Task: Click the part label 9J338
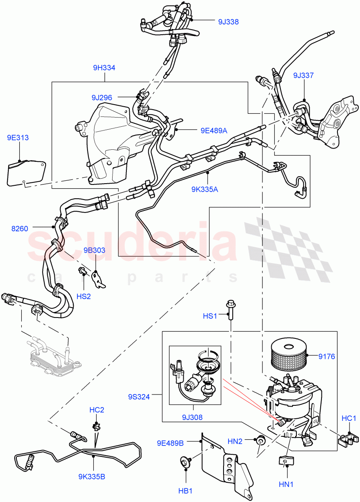(228, 22)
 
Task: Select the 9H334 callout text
(104, 68)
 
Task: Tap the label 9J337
(303, 76)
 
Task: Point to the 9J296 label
(102, 97)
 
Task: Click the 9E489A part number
(213, 131)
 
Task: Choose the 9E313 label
(18, 137)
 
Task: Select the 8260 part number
(20, 228)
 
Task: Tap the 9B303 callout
(94, 251)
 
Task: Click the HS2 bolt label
(84, 296)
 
